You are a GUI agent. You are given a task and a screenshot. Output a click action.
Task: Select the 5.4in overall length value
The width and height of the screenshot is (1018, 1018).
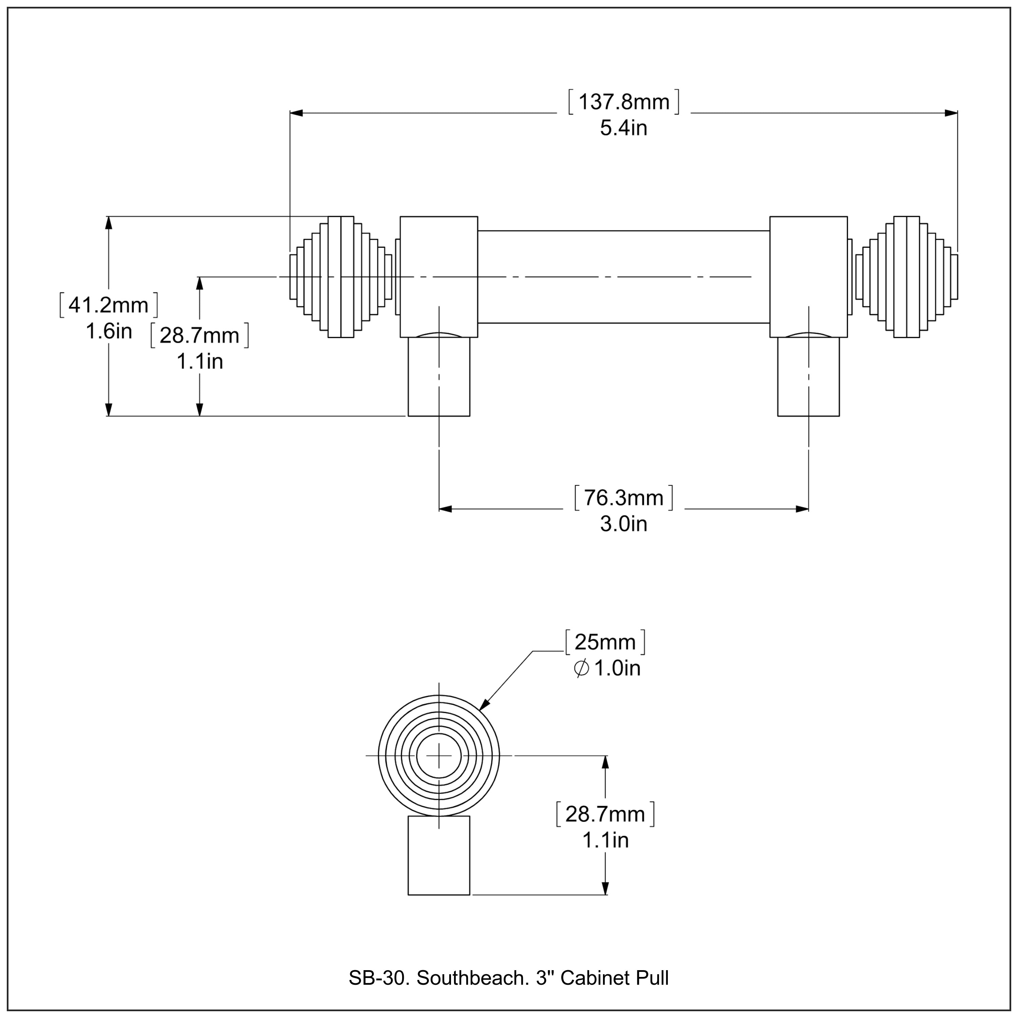tap(623, 128)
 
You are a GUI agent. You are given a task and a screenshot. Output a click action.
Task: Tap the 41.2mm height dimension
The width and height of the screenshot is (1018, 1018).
tap(109, 305)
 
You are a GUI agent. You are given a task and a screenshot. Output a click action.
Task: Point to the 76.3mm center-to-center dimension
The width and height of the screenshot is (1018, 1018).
tap(623, 498)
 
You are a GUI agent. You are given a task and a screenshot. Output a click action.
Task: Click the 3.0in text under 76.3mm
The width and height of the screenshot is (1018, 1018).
tap(623, 524)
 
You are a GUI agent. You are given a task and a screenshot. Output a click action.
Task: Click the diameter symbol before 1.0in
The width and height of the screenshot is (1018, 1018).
tap(581, 668)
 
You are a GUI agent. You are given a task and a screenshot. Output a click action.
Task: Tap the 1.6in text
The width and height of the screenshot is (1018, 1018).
tap(109, 332)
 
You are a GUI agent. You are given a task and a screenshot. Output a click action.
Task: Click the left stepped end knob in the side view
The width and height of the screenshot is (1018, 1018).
tap(341, 277)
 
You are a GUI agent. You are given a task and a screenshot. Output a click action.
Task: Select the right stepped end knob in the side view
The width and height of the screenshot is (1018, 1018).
tap(906, 277)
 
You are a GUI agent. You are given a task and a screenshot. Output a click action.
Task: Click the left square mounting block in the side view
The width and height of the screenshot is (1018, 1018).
tap(438, 277)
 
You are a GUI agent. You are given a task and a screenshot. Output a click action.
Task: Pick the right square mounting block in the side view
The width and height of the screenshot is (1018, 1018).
tap(808, 277)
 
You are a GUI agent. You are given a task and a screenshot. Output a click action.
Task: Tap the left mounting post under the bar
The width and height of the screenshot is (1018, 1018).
tap(438, 376)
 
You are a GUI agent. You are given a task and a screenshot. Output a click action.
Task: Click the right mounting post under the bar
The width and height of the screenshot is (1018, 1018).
tap(808, 376)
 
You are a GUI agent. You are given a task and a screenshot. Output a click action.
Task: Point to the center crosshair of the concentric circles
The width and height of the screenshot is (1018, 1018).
tap(439, 756)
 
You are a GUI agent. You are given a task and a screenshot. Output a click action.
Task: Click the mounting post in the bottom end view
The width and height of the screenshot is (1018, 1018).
tap(439, 856)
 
